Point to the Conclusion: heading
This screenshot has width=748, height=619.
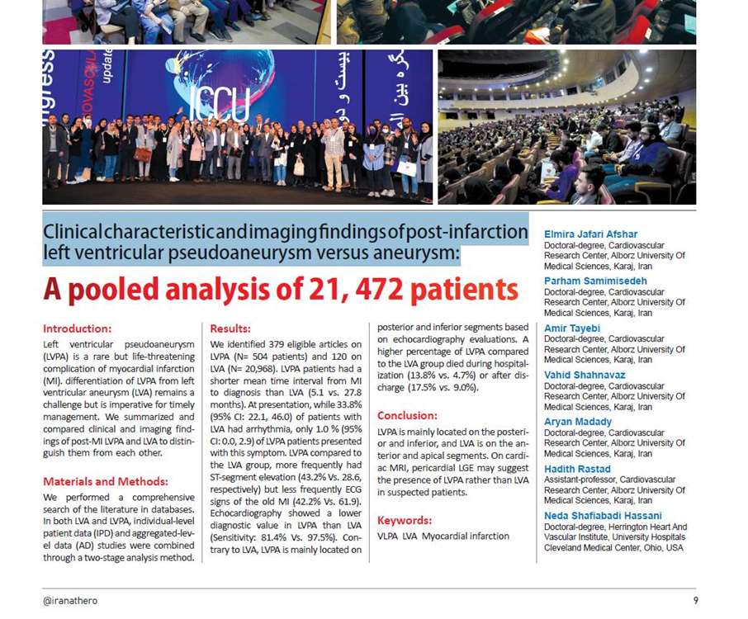point(407,415)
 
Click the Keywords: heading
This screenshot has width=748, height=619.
point(405,520)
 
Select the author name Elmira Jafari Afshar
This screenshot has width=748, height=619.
point(590,234)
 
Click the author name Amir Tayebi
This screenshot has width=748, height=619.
point(572,328)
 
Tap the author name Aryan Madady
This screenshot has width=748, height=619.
point(578,422)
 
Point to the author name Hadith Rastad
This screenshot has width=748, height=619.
point(576,469)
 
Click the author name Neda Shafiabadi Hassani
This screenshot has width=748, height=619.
point(603,516)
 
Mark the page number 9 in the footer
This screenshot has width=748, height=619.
point(696,600)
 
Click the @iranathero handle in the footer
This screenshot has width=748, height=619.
point(70,600)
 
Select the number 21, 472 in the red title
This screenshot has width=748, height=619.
point(315,291)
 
